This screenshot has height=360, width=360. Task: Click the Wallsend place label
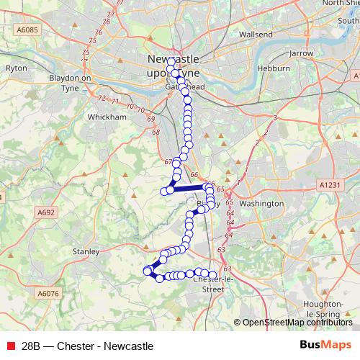(256, 34)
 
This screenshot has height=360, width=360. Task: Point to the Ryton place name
(17, 68)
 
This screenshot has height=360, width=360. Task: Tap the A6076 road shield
(48, 293)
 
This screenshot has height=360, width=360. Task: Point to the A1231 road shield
(327, 185)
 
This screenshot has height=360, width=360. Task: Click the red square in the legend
(10, 346)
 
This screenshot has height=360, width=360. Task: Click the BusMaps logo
(325, 345)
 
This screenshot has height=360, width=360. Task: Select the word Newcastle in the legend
(129, 346)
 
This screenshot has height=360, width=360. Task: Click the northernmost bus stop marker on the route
(171, 61)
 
